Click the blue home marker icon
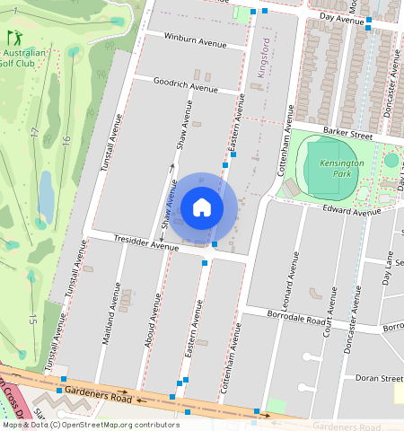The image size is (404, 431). point(202,208)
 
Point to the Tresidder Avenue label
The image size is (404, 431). point(146,242)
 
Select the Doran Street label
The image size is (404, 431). point(378,379)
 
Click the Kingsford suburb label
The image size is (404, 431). point(263,58)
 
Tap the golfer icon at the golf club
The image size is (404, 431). point(14,39)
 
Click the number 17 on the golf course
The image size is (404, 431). point(35,133)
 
